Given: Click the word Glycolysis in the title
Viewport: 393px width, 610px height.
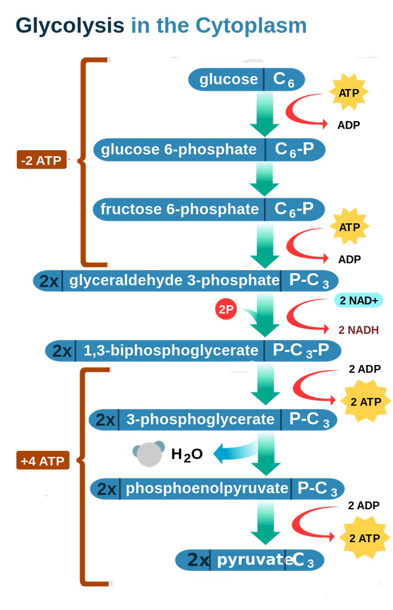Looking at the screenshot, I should [70, 26].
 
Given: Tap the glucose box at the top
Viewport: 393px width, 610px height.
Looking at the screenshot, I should [246, 79].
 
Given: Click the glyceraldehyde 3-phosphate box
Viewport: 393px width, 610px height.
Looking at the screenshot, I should [186, 280].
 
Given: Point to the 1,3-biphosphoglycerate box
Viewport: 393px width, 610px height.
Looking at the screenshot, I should [193, 351].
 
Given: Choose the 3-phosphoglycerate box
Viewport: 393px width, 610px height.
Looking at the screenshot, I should [213, 419].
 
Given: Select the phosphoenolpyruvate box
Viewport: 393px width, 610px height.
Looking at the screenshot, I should [217, 488].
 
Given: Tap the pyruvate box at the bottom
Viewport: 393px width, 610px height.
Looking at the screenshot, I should [250, 560].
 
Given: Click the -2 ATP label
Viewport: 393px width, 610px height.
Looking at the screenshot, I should [42, 160].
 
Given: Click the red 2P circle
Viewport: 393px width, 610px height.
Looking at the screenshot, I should [226, 309].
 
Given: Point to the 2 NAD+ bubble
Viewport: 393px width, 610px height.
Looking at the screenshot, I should [359, 301].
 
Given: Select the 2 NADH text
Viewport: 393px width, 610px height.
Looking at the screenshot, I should [358, 330].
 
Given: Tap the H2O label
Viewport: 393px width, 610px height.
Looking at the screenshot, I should [186, 454].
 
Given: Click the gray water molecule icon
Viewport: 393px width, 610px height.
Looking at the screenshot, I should [149, 453].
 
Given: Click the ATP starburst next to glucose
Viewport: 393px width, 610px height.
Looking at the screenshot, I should [349, 93].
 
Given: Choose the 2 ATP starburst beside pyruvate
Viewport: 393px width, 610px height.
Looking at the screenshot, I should [364, 538].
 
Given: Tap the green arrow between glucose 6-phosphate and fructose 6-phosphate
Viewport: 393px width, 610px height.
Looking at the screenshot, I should [264, 178].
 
